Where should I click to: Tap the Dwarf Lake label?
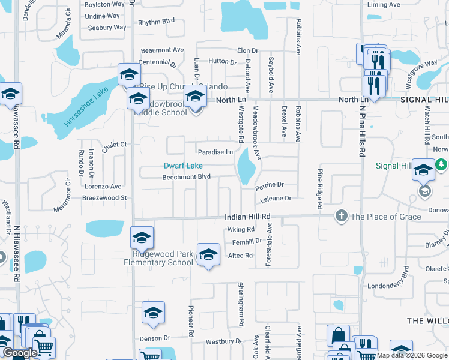click(184, 166)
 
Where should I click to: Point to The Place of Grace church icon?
click(341, 216)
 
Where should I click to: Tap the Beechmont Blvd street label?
click(187, 177)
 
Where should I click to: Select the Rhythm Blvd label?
click(156, 21)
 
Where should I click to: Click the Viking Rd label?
click(241, 229)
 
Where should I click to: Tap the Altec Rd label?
click(240, 256)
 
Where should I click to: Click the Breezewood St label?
click(104, 197)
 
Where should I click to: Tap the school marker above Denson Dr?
click(153, 313)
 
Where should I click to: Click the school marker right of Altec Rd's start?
click(208, 254)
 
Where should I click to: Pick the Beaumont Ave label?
click(162, 50)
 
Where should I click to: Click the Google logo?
click(20, 353)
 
